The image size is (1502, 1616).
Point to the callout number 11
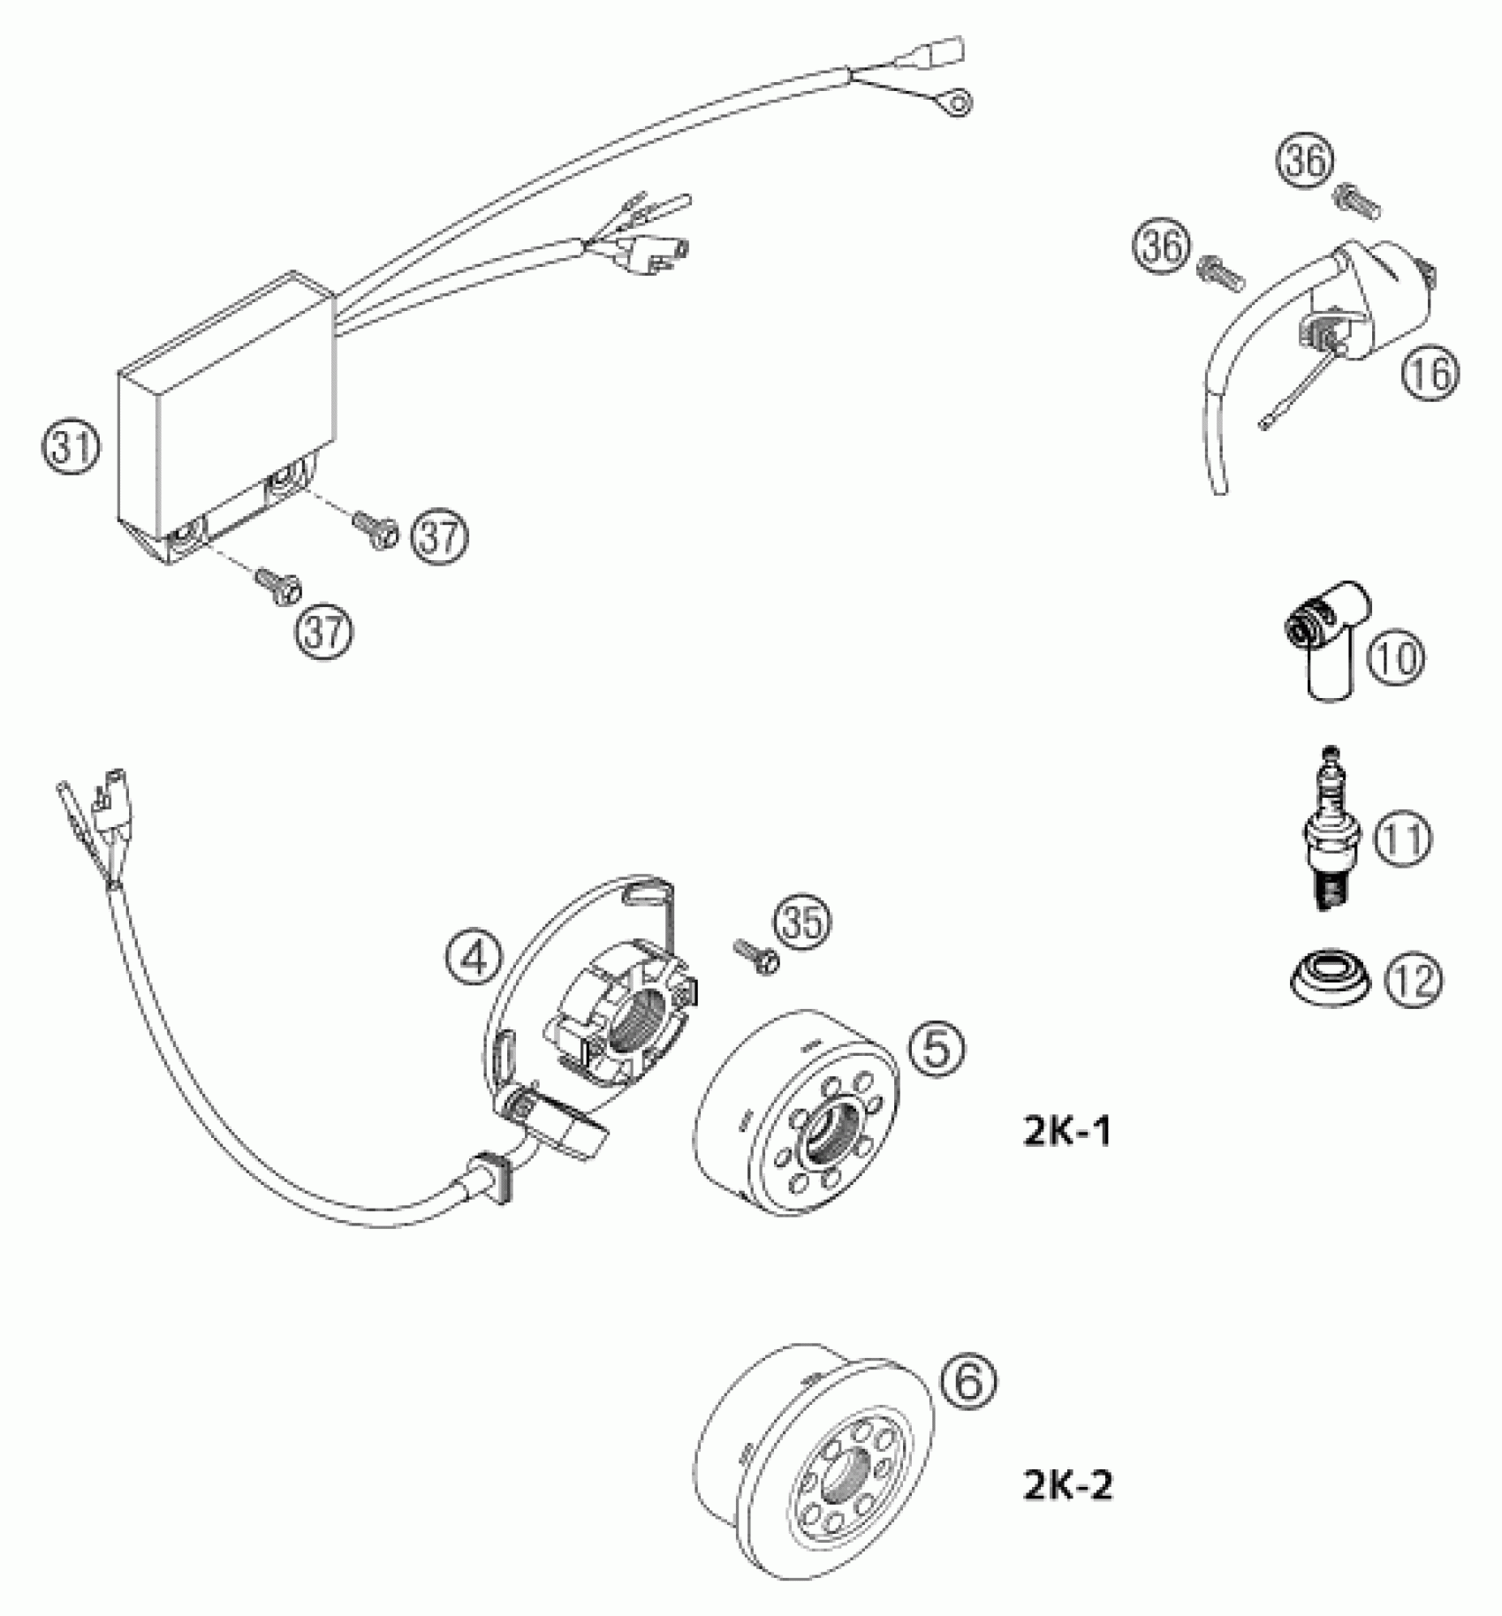click(x=1400, y=838)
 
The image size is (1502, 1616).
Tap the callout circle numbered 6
click(x=968, y=1380)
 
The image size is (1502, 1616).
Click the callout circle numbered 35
click(x=804, y=922)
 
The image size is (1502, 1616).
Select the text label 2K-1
click(x=1066, y=1132)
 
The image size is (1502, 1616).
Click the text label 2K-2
click(x=1066, y=1486)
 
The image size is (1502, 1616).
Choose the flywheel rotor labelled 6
click(x=808, y=1458)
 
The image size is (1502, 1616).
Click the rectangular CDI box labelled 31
click(x=227, y=415)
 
